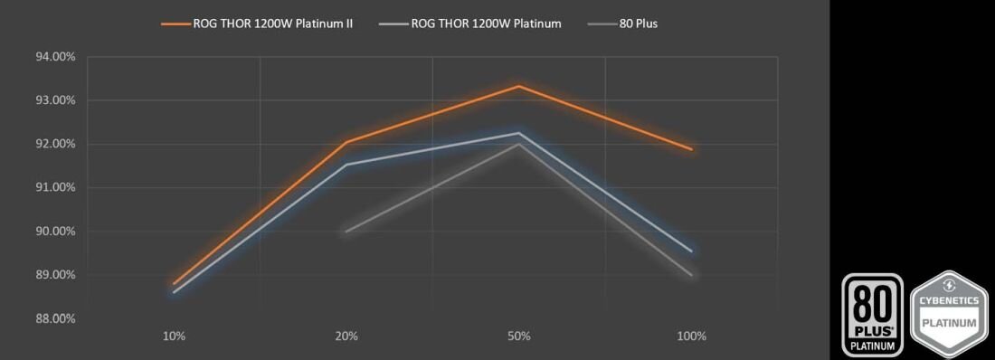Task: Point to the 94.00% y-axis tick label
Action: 55,57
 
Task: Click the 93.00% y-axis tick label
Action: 55,100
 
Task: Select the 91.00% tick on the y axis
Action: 55,187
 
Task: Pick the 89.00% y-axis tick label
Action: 55,275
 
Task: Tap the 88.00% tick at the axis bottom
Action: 55,318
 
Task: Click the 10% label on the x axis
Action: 174,336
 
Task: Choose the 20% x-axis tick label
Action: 346,336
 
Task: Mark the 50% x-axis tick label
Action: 519,336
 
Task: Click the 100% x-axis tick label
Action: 691,336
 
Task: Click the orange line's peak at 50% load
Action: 519,86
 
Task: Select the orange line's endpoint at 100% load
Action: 692,149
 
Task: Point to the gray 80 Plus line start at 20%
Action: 346,232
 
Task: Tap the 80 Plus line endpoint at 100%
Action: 692,275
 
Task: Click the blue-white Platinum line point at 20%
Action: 346,165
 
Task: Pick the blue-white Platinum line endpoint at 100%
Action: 692,251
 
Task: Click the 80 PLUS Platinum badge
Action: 873,313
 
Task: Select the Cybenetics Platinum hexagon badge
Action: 948,313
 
